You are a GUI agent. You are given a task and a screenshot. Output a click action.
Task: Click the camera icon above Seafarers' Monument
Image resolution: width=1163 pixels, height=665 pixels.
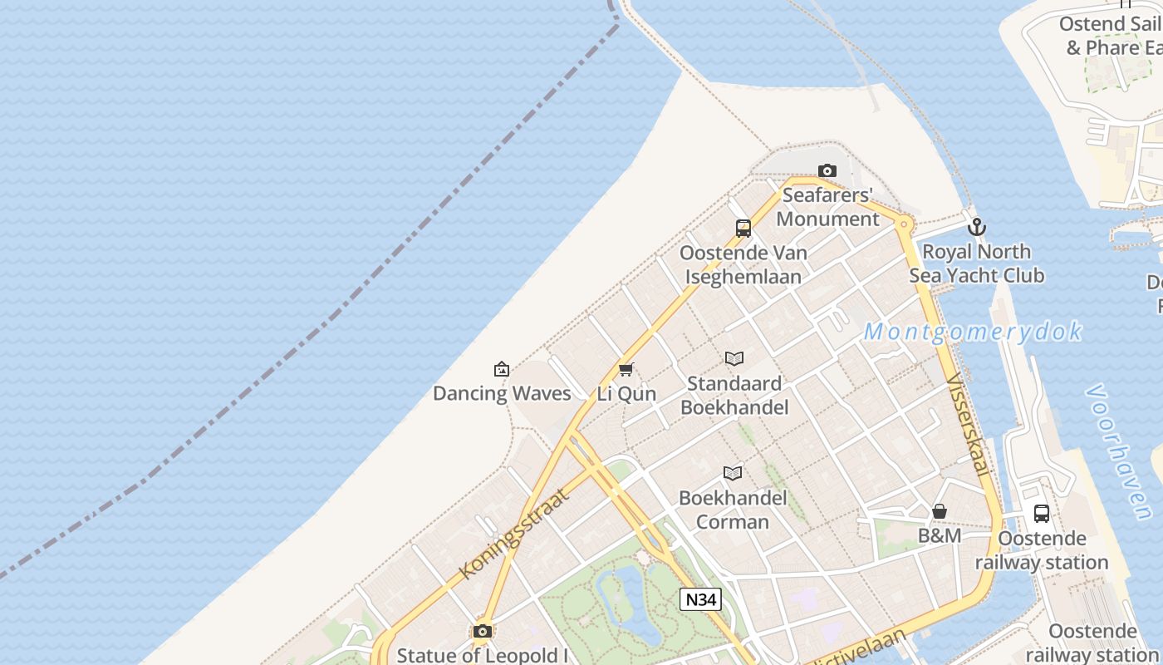point(827,171)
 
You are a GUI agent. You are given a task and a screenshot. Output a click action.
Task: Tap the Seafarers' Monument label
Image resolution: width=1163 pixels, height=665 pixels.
point(827,208)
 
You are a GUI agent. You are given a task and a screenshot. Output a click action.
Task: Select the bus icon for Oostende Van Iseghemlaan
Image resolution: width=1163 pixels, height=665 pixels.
point(743,228)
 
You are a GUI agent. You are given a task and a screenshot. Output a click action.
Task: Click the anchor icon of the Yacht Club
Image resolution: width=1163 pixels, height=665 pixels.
point(977,226)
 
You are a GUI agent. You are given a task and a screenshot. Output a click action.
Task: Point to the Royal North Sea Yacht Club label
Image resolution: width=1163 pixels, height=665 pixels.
point(977,263)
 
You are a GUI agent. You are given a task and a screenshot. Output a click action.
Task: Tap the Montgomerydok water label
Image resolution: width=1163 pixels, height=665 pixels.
point(973,332)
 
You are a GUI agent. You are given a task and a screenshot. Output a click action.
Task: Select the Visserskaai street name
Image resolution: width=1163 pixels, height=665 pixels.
point(968,424)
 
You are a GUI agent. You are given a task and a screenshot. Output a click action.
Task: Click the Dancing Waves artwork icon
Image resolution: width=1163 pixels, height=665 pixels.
point(502,369)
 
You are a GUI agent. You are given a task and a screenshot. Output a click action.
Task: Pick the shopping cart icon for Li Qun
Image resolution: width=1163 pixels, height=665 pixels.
point(626,369)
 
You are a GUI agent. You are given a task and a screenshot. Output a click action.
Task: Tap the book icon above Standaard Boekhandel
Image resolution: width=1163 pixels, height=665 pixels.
point(734,358)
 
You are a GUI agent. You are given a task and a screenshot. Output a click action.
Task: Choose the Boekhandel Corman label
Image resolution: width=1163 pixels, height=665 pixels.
point(733,510)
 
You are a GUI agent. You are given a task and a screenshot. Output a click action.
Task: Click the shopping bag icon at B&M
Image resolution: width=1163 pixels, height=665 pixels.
point(940,511)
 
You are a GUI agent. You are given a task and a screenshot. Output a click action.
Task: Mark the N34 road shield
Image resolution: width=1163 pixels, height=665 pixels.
point(700,599)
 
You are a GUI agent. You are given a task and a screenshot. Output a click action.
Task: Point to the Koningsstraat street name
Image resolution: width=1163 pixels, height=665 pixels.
point(513,534)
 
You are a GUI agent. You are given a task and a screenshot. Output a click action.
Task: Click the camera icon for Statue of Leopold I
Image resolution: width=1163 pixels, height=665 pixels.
point(483,632)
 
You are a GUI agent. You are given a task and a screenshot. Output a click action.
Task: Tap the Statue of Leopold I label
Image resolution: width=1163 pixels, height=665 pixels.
point(483,655)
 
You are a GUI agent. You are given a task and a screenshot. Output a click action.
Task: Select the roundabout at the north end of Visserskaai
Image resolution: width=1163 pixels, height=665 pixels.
point(905,224)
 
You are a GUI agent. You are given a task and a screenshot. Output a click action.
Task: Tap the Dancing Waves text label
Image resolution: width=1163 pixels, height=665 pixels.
point(502,393)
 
